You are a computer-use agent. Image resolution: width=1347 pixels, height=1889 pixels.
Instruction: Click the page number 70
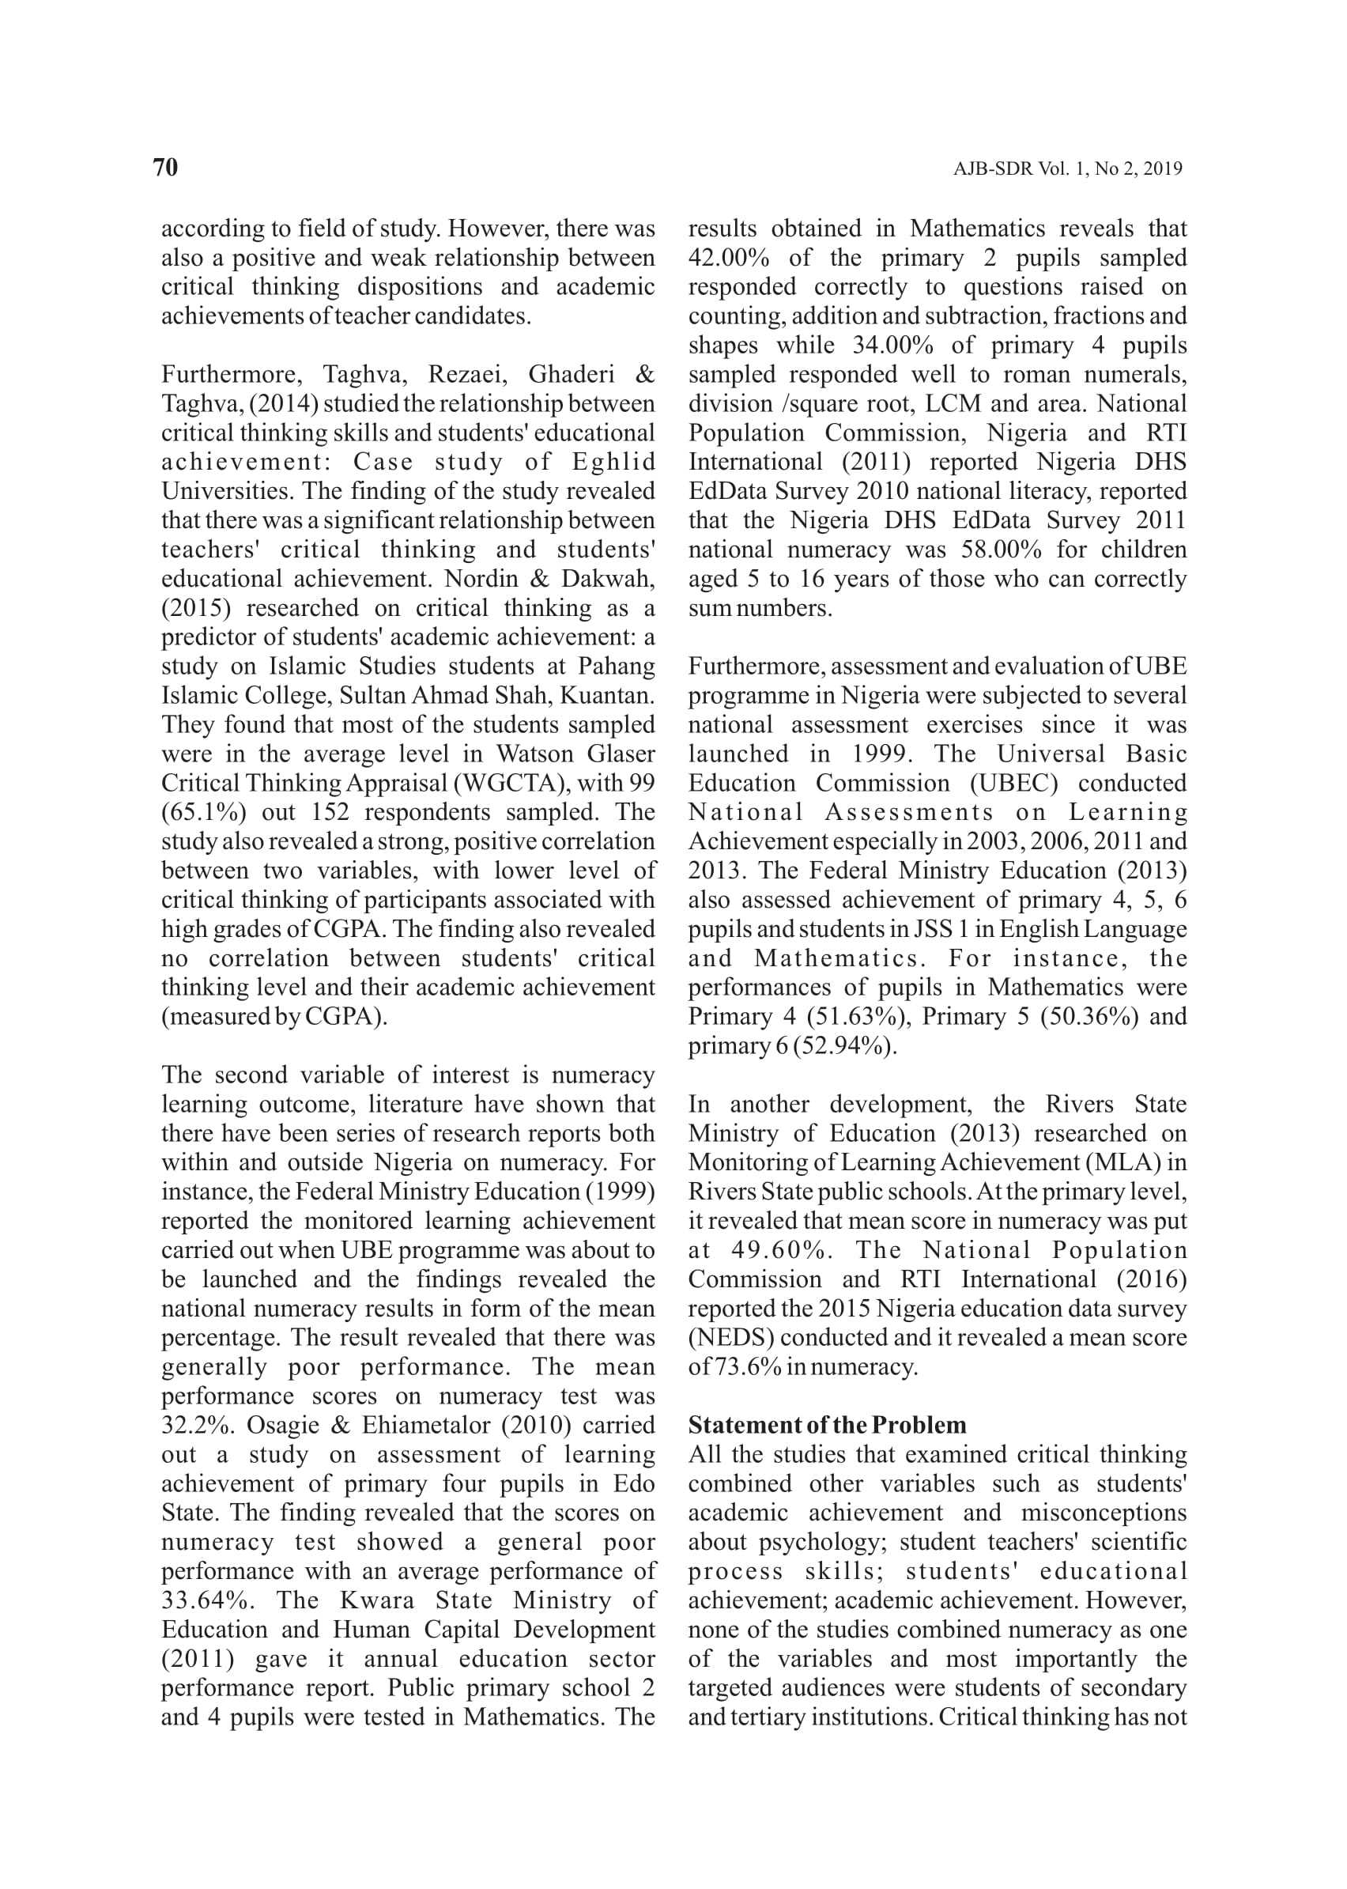coord(166,168)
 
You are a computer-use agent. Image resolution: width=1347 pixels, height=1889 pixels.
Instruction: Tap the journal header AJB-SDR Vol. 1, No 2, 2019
coord(1066,169)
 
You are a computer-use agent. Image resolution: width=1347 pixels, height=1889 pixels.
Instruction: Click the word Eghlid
coord(613,462)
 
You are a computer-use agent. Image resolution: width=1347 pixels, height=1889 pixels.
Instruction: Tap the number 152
coord(330,812)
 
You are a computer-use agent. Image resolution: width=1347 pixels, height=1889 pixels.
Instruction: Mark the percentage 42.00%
coord(728,258)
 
